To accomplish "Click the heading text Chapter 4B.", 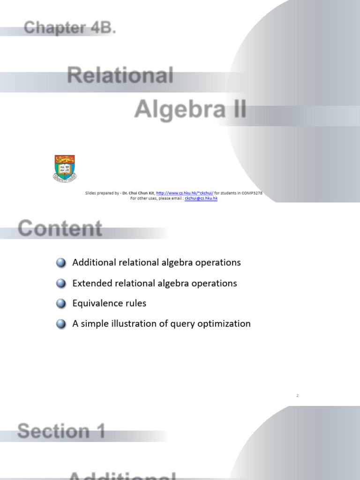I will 70,28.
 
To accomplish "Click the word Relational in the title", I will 120,75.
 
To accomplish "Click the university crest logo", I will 65,168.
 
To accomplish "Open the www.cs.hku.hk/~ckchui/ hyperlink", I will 185,193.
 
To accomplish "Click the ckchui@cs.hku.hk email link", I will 201,198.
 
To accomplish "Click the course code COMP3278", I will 248,193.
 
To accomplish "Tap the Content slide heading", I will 60,229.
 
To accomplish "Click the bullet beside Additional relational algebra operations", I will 61,263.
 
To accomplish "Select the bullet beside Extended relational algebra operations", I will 61,284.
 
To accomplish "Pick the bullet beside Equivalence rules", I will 61,304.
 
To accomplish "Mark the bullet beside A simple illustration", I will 61,324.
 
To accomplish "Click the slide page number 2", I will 297,396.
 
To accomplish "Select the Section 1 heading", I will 61,431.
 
